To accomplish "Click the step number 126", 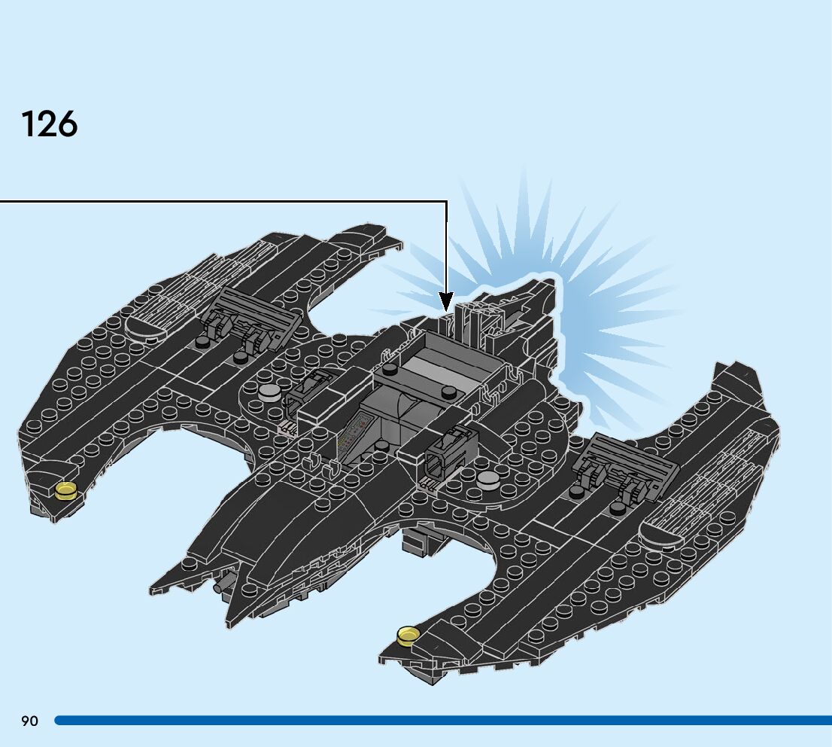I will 50,124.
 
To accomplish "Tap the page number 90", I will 29,721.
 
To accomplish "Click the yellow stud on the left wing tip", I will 66,490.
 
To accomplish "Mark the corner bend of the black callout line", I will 447,202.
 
